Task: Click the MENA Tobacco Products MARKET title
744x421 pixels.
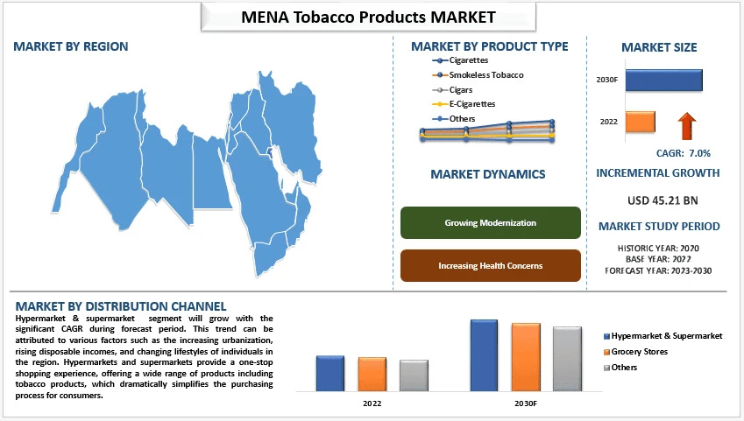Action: (x=368, y=17)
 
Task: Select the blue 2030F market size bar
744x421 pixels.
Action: (x=663, y=80)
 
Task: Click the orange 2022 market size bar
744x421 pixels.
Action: (x=641, y=121)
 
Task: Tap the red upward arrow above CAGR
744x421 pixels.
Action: (x=686, y=125)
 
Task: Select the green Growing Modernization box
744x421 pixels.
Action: (x=490, y=222)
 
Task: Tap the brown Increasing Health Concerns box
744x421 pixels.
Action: (x=490, y=265)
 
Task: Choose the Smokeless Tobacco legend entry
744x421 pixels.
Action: (x=485, y=75)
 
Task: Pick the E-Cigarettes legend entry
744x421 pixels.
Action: (x=471, y=104)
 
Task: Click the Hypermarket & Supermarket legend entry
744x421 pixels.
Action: (x=667, y=335)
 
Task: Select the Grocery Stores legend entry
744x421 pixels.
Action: (x=639, y=351)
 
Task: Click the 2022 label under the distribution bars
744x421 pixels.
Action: (x=372, y=403)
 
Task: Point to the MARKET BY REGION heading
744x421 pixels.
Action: (x=70, y=46)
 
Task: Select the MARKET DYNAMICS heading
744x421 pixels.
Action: (x=488, y=174)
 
